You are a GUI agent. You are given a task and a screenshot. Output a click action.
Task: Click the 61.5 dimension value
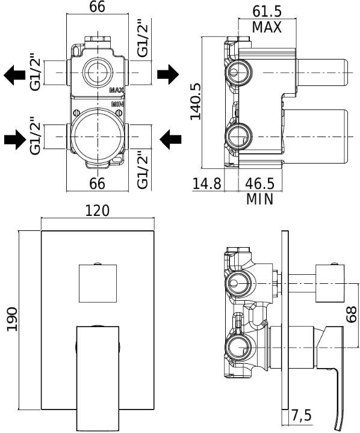pos(267,11)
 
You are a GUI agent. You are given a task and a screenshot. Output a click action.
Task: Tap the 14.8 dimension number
pos(207,183)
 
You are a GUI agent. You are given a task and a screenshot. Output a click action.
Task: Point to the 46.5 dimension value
pos(260,183)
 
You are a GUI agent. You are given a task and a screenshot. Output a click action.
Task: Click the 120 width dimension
pos(97,210)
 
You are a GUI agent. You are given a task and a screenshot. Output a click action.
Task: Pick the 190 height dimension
pos(12,319)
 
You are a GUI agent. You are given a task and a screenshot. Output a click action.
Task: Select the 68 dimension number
pos(352,314)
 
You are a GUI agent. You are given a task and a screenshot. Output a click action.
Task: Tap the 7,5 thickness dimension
pos(301,415)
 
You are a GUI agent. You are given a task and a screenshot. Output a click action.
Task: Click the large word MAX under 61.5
pos(267,27)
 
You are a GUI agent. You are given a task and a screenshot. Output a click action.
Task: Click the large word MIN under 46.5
pos(260,199)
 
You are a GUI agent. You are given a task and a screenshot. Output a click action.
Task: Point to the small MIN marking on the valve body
pos(117,104)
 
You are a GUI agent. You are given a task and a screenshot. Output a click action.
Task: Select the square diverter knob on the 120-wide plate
pos(98,283)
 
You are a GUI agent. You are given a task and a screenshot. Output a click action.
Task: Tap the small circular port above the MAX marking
pos(98,72)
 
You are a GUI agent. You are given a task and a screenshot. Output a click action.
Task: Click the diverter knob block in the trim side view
pos(330,283)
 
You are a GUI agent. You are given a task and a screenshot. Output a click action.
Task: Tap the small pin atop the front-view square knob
pos(98,263)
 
